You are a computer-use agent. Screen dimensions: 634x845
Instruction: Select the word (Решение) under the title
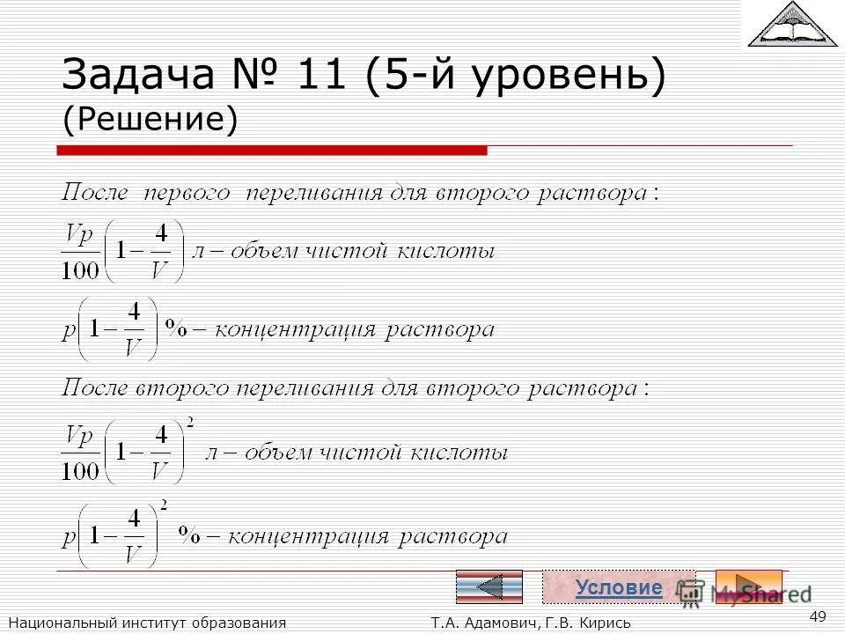pos(150,120)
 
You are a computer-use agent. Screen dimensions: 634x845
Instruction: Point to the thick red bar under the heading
pos(272,151)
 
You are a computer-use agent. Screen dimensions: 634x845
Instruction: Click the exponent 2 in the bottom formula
pos(164,504)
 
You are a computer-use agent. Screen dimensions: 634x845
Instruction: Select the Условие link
pos(618,587)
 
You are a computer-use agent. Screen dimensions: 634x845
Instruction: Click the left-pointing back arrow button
pos(489,586)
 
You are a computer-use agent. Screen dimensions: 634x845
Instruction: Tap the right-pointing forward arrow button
pos(748,586)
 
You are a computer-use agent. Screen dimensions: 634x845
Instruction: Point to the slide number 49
pos(817,616)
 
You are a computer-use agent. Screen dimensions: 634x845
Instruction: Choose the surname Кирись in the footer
pos(604,623)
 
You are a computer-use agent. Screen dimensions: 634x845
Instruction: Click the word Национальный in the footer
pos(58,623)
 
